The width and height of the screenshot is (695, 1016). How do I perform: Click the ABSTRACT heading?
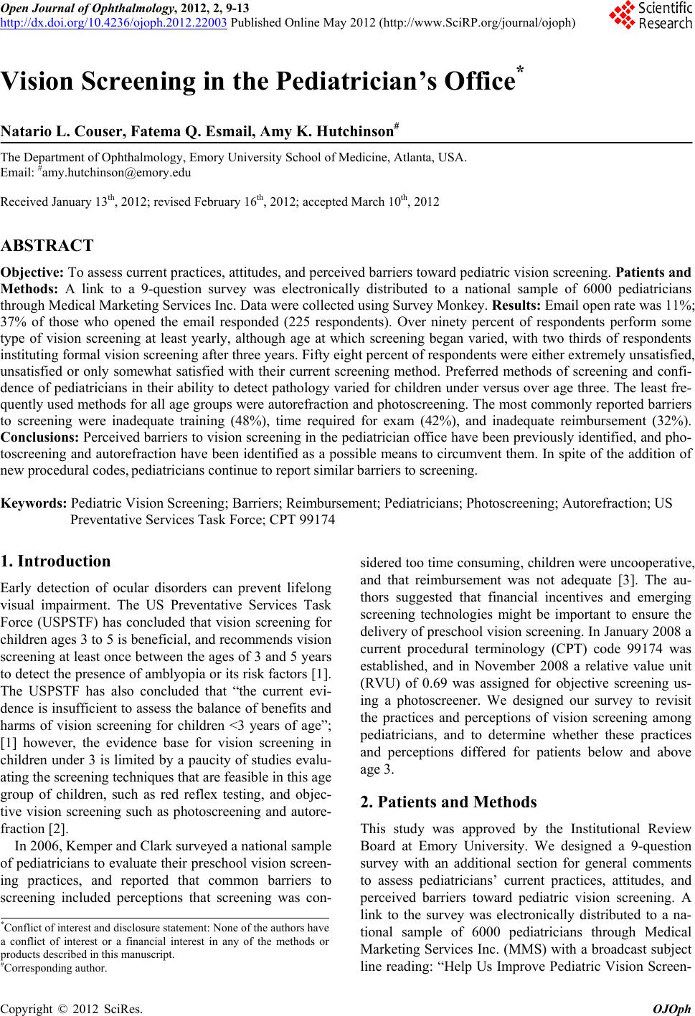click(x=47, y=246)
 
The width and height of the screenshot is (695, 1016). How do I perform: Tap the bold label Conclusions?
click(x=40, y=437)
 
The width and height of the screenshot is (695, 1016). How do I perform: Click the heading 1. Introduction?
click(x=56, y=561)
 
